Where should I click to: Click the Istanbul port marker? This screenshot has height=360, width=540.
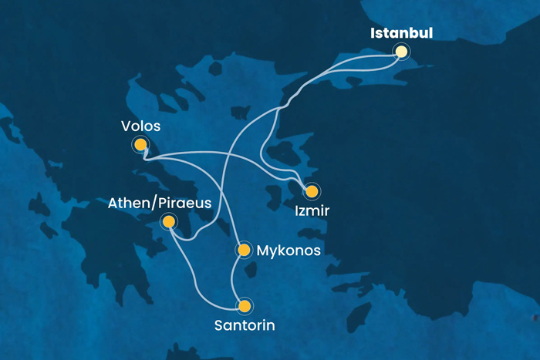[x=400, y=52]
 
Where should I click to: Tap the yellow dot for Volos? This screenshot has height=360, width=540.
[x=140, y=143]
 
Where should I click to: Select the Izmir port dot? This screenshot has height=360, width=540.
[x=312, y=190]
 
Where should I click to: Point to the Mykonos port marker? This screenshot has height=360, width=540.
[x=244, y=250]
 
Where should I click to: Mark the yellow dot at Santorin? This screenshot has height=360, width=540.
[x=245, y=306]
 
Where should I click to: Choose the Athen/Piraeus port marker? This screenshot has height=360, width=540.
[x=168, y=221]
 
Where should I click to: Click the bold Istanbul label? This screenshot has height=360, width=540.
[x=401, y=33]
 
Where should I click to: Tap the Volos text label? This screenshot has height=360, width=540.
[x=140, y=125]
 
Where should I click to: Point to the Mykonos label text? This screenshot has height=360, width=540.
[x=289, y=250]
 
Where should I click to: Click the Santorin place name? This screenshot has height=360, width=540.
[x=244, y=325]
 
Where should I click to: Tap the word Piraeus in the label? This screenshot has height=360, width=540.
[x=185, y=203]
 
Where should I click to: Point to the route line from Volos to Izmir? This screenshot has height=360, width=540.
[x=231, y=161]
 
